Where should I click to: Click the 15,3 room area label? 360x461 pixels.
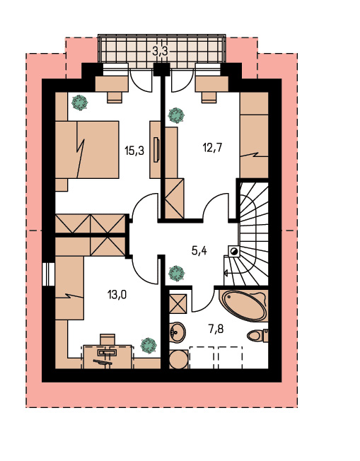(x=134, y=151)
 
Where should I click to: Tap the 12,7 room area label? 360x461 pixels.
(x=212, y=147)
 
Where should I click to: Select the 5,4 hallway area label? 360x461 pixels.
(x=199, y=251)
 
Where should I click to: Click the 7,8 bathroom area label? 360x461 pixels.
(x=216, y=329)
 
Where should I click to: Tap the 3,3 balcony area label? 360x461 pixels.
(x=160, y=52)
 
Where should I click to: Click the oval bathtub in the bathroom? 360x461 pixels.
(x=245, y=306)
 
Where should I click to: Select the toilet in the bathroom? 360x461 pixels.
(x=257, y=335)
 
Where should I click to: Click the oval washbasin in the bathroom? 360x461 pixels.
(x=178, y=332)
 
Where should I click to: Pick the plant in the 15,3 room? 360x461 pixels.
(x=80, y=103)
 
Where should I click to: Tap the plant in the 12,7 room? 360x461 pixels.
(x=176, y=115)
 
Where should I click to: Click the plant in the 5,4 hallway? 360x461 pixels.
(x=177, y=274)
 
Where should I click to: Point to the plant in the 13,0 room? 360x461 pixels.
(x=148, y=346)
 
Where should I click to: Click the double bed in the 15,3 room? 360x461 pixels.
(x=88, y=149)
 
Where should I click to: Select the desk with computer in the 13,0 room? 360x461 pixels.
(x=108, y=356)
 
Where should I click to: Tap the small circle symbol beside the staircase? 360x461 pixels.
(x=235, y=251)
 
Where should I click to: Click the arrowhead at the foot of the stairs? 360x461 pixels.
(x=226, y=273)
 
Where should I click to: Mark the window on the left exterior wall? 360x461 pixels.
(x=49, y=274)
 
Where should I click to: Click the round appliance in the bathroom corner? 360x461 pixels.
(x=179, y=359)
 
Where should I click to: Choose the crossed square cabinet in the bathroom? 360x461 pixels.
(x=178, y=304)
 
